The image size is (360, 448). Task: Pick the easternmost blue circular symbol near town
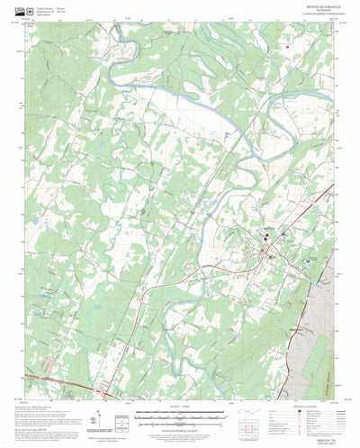(x=309, y=263)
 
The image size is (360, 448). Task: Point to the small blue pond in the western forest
(x=42, y=294)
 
